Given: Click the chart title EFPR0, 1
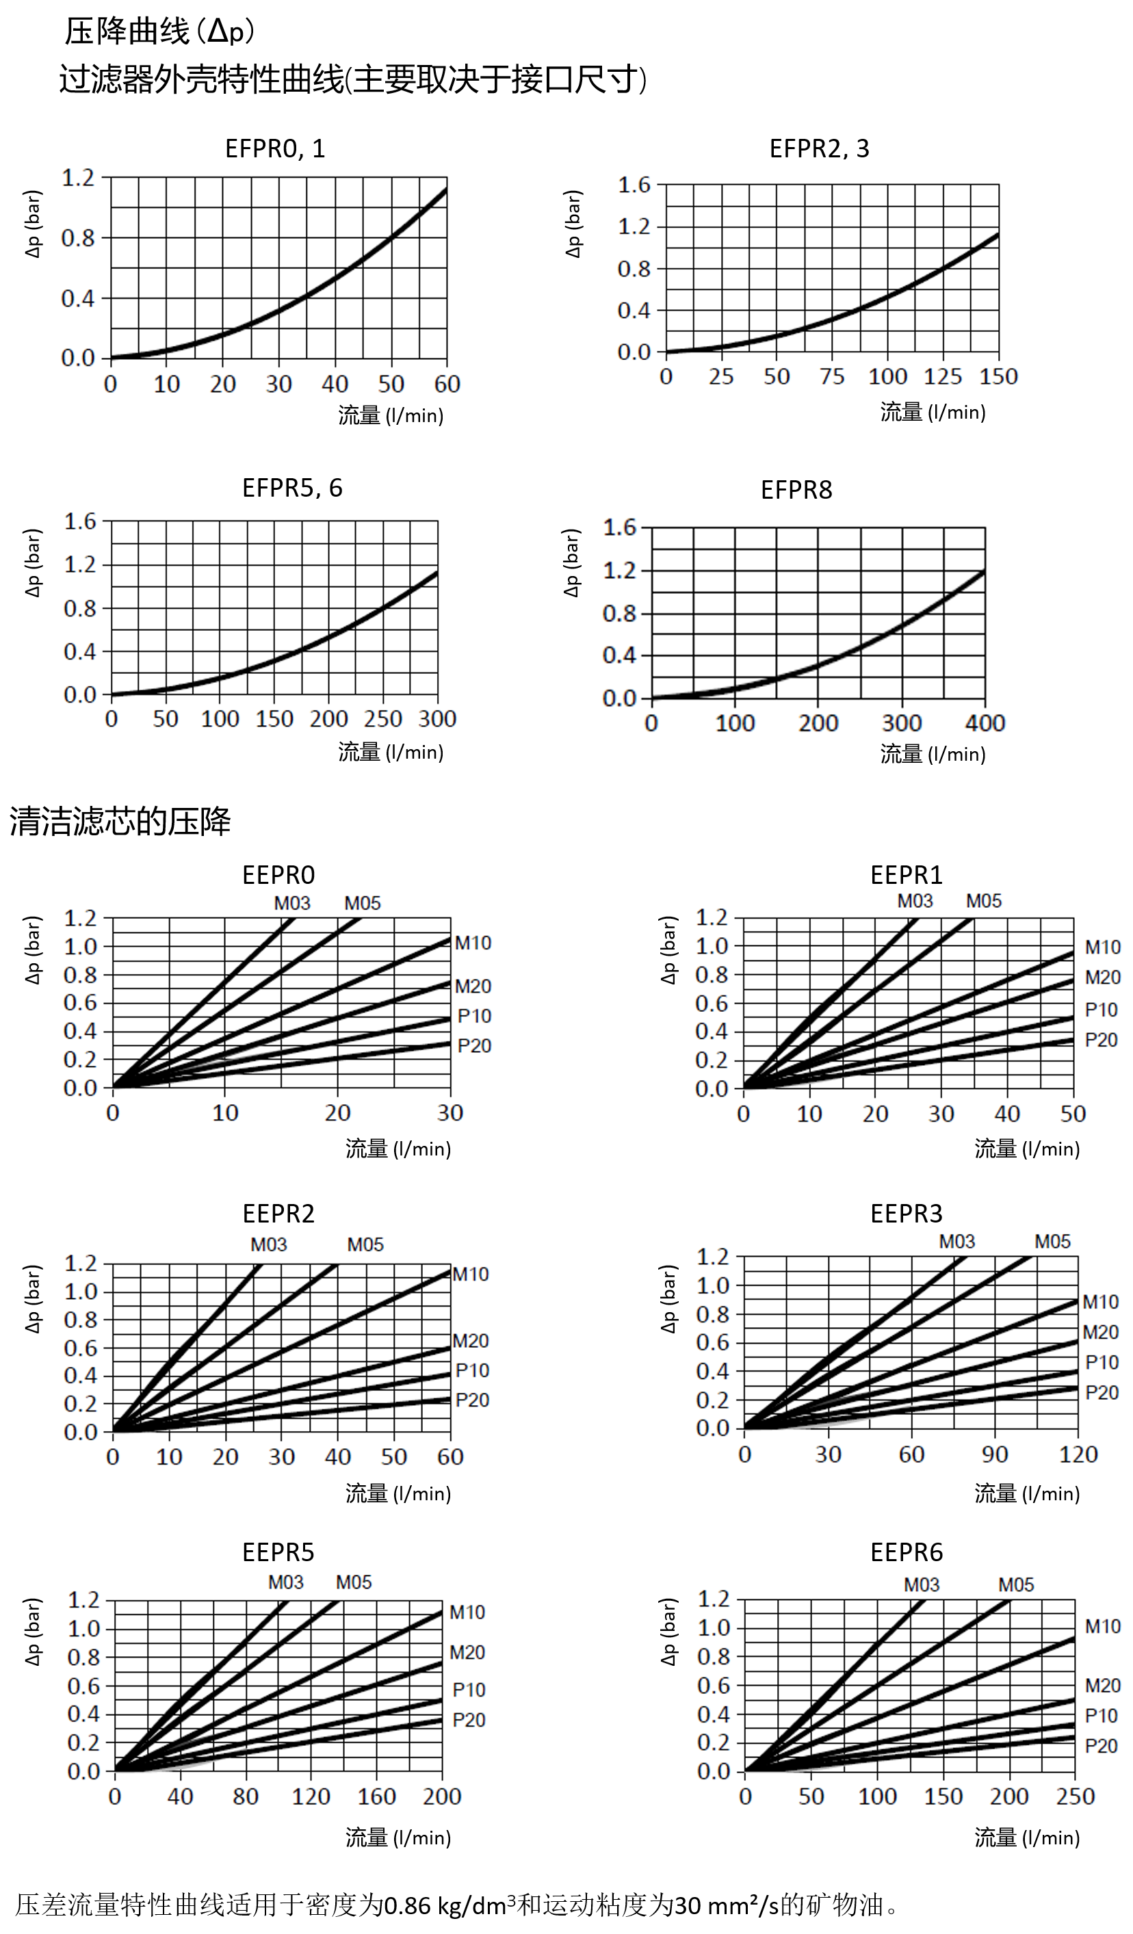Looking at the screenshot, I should pos(275,148).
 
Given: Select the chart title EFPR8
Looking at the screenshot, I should pos(796,490).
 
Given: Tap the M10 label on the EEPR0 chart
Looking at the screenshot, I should pos(473,943).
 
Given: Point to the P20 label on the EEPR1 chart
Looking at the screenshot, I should pos(1101,1041).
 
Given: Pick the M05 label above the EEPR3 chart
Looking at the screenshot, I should pos(1052,1242).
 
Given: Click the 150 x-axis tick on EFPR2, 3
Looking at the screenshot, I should pos(998,377).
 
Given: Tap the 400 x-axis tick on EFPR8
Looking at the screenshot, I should pos(985,723).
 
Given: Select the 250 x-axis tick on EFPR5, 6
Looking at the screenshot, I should pos(383,719).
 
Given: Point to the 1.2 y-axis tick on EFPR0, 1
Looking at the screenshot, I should pos(78,178).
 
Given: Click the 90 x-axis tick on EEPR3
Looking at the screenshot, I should pos(995,1454).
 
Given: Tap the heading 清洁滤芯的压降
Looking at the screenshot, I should pos(120,821).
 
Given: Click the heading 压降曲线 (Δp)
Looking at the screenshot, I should pos(159,31).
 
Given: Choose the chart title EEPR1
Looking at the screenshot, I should pos(906,875).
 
